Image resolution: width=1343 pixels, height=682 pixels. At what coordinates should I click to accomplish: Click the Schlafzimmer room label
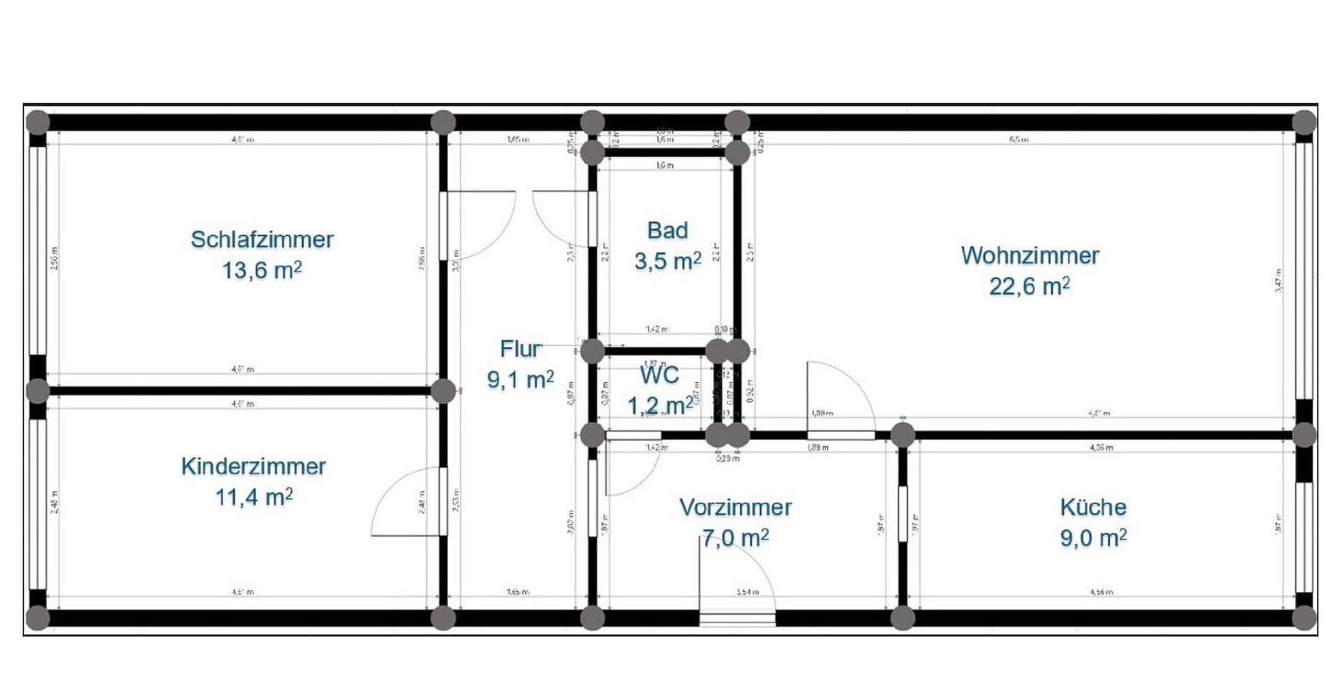pyautogui.click(x=262, y=240)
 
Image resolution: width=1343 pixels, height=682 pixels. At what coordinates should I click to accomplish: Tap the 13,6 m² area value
pyautogui.click(x=261, y=270)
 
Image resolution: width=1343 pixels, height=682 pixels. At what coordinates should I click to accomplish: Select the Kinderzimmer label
pyautogui.click(x=253, y=466)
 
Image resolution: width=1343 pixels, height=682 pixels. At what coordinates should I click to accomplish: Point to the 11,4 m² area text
pyautogui.click(x=254, y=497)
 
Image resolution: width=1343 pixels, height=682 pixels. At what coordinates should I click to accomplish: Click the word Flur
pyautogui.click(x=520, y=348)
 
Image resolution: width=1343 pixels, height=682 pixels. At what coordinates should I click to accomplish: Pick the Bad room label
pyautogui.click(x=667, y=231)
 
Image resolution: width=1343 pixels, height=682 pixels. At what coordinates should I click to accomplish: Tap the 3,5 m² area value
pyautogui.click(x=667, y=261)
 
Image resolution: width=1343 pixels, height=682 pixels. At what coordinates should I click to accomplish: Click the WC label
pyautogui.click(x=660, y=374)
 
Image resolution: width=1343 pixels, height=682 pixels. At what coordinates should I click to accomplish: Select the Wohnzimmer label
pyautogui.click(x=1030, y=255)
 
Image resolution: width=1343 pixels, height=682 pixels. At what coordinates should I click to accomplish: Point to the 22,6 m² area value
pyautogui.click(x=1029, y=286)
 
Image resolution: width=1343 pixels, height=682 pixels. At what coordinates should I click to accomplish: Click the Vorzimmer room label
pyautogui.click(x=735, y=507)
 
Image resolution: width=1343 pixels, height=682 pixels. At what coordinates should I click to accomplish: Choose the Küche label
pyautogui.click(x=1093, y=507)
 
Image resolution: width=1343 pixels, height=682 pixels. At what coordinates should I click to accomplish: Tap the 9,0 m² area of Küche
pyautogui.click(x=1093, y=538)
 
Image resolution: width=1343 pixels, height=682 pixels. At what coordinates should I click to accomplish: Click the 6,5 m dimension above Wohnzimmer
pyautogui.click(x=1018, y=140)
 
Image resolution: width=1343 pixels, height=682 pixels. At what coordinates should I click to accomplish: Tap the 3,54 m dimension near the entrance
pyautogui.click(x=747, y=592)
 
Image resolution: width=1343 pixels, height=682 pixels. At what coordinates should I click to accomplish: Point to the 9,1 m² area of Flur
pyautogui.click(x=520, y=380)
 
